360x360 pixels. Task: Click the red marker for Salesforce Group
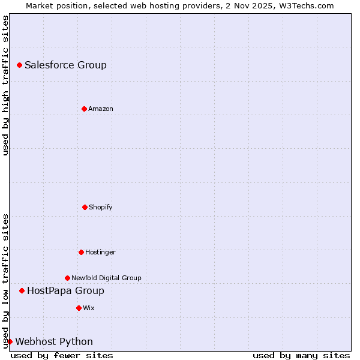[x=19, y=65]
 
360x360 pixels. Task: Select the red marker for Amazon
[x=84, y=109]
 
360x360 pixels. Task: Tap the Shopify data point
[x=85, y=207]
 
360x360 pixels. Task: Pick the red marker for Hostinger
[x=81, y=252]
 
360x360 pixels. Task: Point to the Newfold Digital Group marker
[x=67, y=278]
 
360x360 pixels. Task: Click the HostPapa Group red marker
[x=22, y=290]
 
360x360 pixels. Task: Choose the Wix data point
[x=79, y=308]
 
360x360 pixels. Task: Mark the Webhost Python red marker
[x=10, y=341]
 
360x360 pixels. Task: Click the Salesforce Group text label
[x=65, y=65]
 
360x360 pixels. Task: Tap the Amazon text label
[x=101, y=109]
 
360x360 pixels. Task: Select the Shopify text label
[x=101, y=207]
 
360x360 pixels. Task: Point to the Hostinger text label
[x=100, y=252]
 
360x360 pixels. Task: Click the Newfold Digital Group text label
[x=106, y=278]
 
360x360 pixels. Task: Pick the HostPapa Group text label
[x=65, y=291]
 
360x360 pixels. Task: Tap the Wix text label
[x=89, y=308]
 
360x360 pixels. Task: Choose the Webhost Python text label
[x=54, y=342]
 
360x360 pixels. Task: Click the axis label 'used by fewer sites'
[x=62, y=355]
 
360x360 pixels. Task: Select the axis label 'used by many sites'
[x=301, y=355]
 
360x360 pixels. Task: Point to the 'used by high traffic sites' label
[x=5, y=85]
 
